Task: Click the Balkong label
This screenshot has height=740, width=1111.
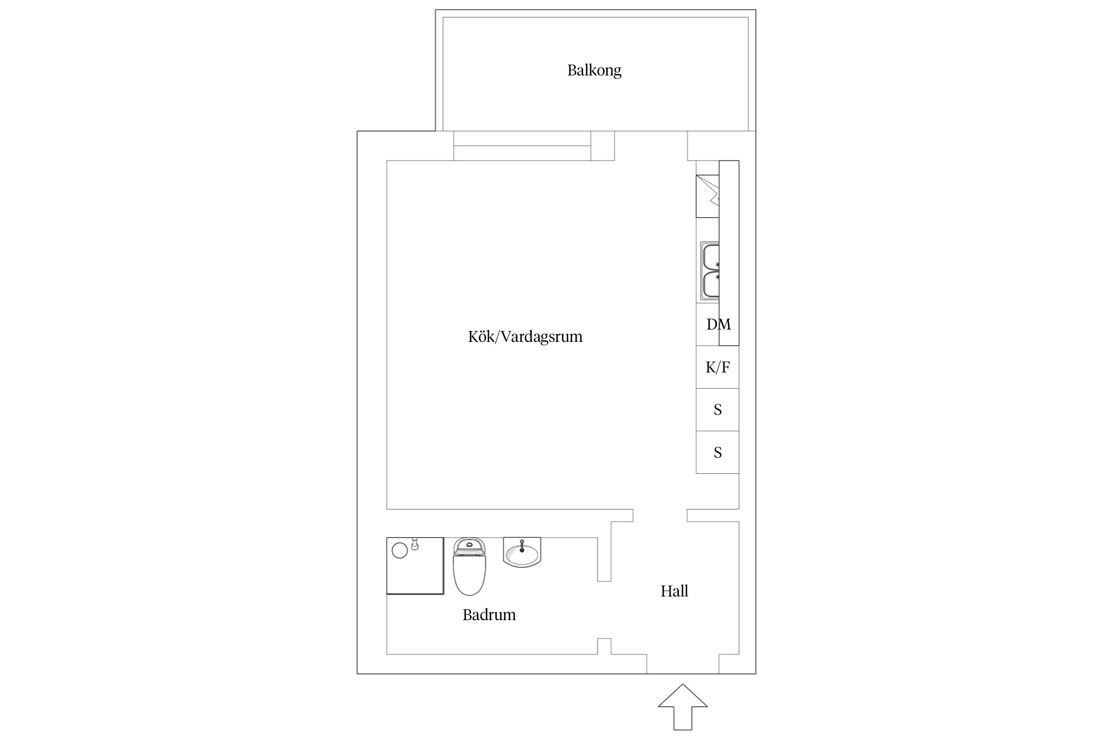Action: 594,71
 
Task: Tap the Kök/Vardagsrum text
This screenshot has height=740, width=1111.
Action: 525,336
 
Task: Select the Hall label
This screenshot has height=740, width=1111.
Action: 674,591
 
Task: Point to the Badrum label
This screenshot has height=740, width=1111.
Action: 489,615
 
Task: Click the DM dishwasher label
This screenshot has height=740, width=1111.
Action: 718,324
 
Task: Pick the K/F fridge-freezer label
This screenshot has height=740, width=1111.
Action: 717,367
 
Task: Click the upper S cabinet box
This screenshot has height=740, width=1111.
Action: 717,409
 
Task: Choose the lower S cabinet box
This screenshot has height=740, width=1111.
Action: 717,452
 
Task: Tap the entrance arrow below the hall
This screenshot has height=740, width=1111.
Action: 682,706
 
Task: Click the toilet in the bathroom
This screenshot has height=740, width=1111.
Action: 470,566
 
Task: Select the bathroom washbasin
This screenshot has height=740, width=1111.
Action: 522,552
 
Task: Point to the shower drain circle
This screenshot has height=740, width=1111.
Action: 399,550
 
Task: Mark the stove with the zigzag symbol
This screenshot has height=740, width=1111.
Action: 708,196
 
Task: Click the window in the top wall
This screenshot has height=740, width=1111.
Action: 522,146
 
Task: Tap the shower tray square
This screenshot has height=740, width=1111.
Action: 415,566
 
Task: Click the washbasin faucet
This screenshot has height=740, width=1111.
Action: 522,546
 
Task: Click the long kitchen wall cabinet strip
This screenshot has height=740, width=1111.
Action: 729,253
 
